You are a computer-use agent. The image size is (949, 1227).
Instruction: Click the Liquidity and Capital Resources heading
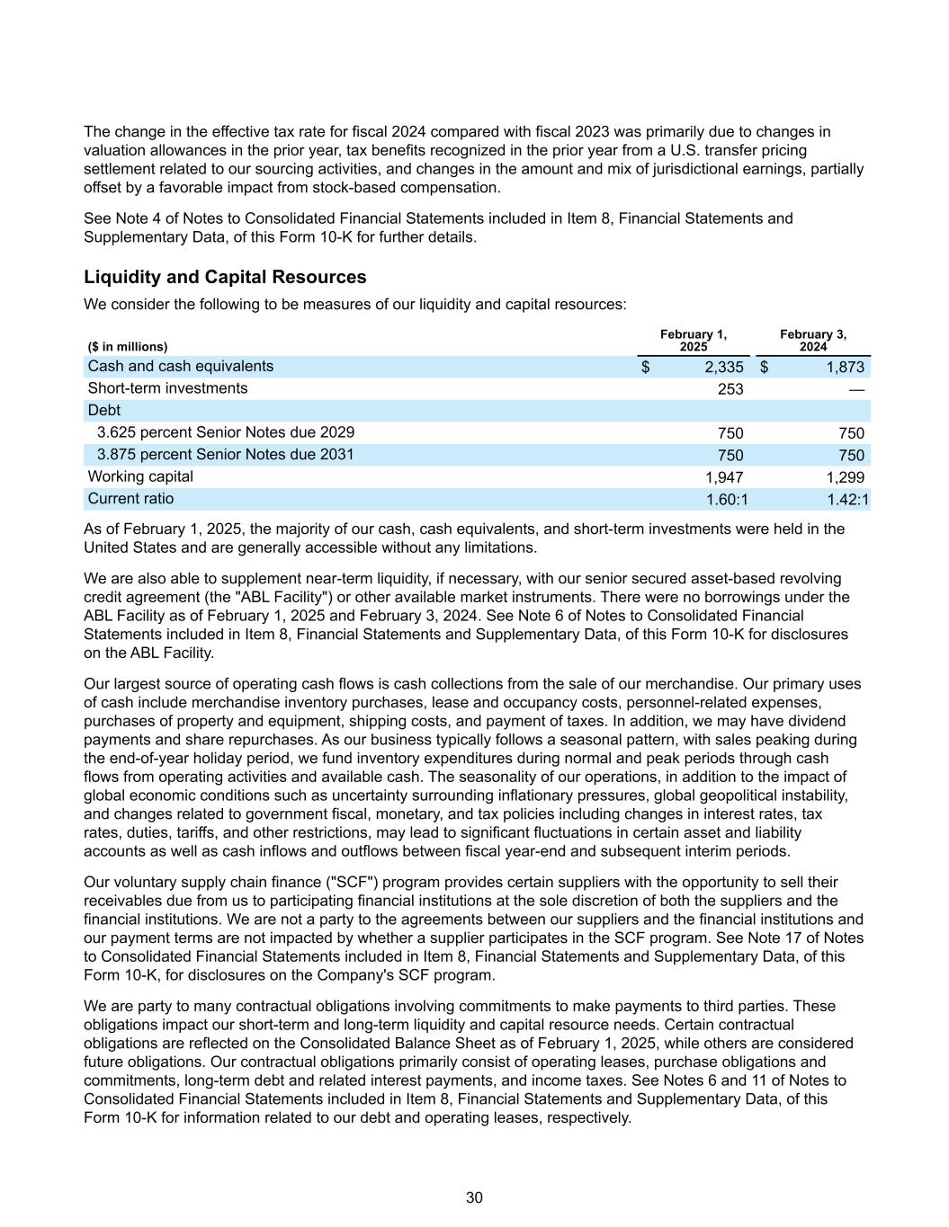click(x=225, y=277)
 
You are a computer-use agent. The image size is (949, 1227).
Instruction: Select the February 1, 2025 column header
click(x=693, y=341)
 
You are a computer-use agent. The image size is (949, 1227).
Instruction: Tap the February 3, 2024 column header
click(x=812, y=341)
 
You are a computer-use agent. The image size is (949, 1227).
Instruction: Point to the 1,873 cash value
click(x=846, y=367)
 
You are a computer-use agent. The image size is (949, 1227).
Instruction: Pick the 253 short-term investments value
click(x=730, y=389)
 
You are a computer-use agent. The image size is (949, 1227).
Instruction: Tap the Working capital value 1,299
click(x=846, y=477)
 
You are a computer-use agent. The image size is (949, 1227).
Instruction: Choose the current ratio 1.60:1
click(x=727, y=500)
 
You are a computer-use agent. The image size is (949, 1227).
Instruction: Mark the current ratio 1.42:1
click(x=848, y=500)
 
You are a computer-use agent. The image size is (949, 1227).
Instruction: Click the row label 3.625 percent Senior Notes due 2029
click(x=226, y=432)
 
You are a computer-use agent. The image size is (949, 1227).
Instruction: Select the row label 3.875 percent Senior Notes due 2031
click(x=226, y=455)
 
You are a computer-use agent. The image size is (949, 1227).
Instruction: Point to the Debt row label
click(x=103, y=411)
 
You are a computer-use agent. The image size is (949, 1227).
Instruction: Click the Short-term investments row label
click(x=167, y=388)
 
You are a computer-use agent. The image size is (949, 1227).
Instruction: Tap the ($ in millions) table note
click(x=128, y=347)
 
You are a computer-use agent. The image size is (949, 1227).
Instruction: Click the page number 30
click(x=474, y=1197)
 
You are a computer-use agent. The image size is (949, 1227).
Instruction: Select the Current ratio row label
click(x=130, y=499)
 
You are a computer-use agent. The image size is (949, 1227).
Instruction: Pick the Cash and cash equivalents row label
click(x=180, y=367)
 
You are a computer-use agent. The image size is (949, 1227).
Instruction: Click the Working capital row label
click(x=140, y=476)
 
